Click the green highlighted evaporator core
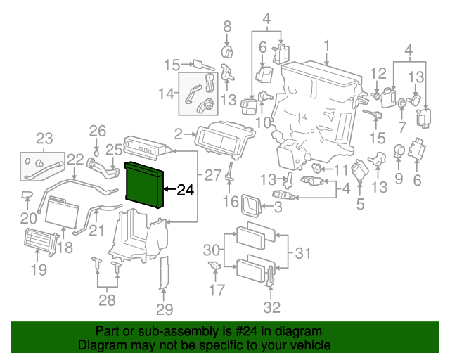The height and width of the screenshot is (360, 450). pyautogui.click(x=144, y=185)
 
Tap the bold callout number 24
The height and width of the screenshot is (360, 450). pyautogui.click(x=184, y=190)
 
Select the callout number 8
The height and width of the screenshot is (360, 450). pyautogui.click(x=226, y=27)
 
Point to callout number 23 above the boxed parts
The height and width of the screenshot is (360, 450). pyautogui.click(x=44, y=138)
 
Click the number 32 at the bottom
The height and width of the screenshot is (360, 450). pyautogui.click(x=271, y=307)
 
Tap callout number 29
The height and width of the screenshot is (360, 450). pyautogui.click(x=164, y=310)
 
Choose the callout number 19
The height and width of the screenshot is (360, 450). pyautogui.click(x=39, y=270)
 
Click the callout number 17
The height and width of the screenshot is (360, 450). pyautogui.click(x=217, y=289)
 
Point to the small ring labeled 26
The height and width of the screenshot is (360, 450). pyautogui.click(x=96, y=150)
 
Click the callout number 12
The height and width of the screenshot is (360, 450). pyautogui.click(x=378, y=72)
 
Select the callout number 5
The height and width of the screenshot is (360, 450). pyautogui.click(x=360, y=205)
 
